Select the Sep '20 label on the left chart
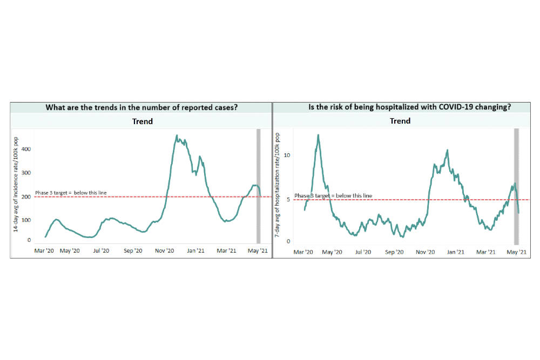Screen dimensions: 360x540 tap(132, 251)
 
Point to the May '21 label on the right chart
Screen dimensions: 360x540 tap(516, 252)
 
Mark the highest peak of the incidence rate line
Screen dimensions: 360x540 tap(178, 135)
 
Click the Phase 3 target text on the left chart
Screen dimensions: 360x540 tap(71, 193)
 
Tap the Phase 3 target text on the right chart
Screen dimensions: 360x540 tap(333, 196)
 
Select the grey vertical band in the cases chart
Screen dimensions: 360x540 tap(258, 186)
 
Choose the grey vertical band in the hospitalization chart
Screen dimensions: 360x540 tap(517, 186)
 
